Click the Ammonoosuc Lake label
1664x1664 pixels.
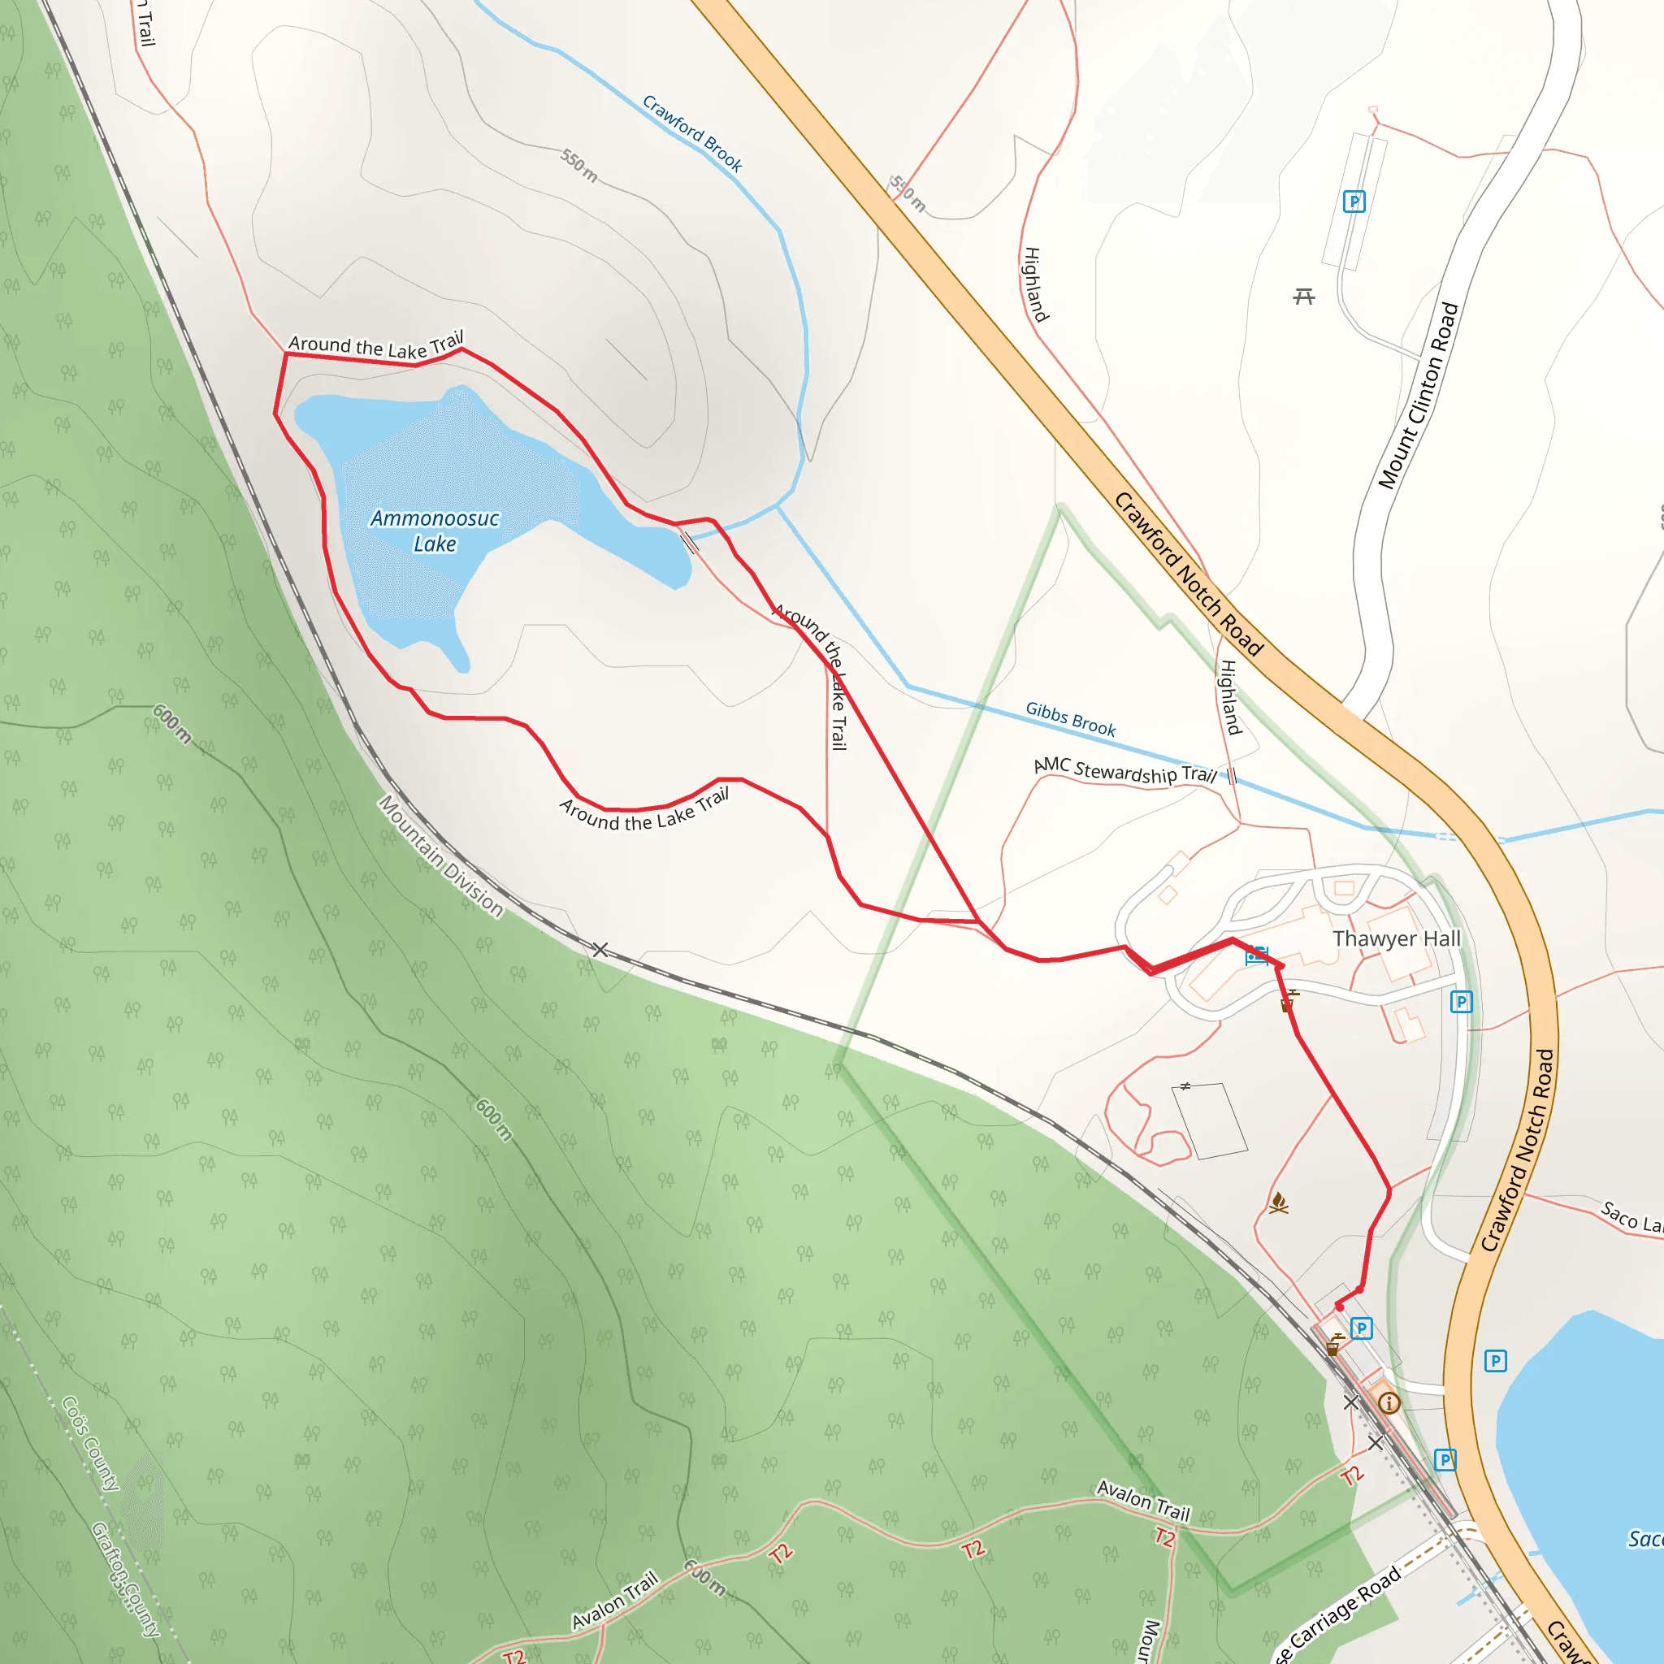click(x=434, y=531)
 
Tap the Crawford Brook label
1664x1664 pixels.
click(x=692, y=133)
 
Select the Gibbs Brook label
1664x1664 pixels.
click(x=1071, y=718)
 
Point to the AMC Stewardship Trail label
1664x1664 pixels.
click(x=1124, y=770)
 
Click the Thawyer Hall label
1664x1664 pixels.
click(x=1396, y=938)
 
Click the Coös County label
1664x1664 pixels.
click(x=90, y=1444)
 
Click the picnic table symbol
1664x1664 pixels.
click(x=1304, y=297)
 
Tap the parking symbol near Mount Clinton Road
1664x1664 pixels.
click(x=1354, y=201)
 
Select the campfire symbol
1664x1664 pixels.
click(x=1279, y=1202)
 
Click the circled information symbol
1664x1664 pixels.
click(x=1389, y=1403)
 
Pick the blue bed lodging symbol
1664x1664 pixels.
click(x=1257, y=955)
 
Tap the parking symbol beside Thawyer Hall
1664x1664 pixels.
click(x=1462, y=1002)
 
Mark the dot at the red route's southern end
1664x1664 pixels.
click(x=1339, y=1307)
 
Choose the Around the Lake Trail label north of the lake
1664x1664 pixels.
click(x=375, y=345)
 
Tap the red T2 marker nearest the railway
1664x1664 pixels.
click(x=1352, y=1475)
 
